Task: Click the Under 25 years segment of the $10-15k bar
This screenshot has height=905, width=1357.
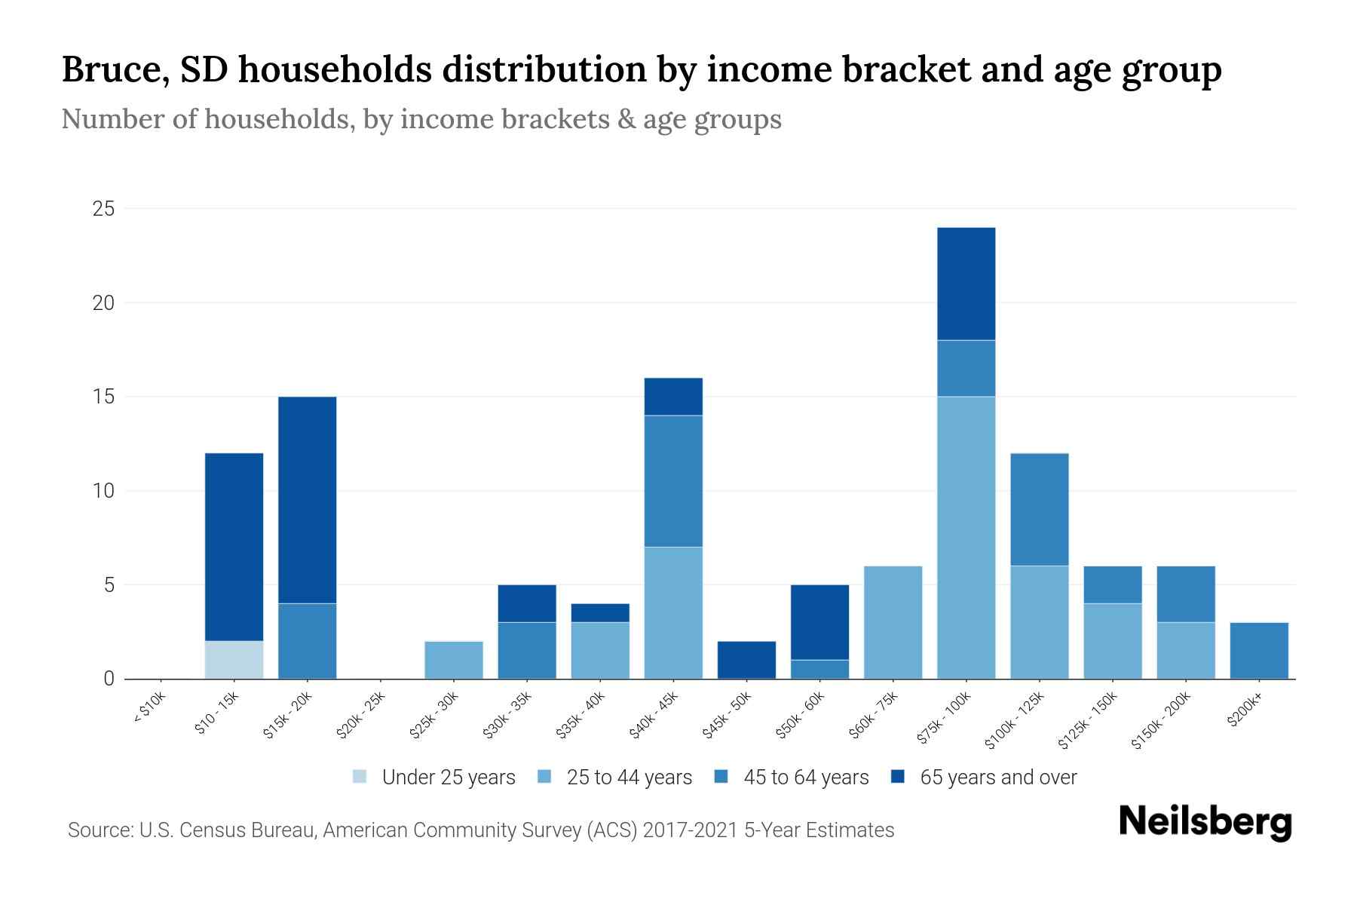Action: pyautogui.click(x=234, y=660)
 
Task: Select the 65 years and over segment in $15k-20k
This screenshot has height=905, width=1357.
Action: pyautogui.click(x=307, y=499)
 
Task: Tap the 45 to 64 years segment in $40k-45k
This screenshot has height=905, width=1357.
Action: pyautogui.click(x=673, y=480)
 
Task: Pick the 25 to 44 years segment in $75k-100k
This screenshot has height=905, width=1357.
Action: pyautogui.click(x=966, y=537)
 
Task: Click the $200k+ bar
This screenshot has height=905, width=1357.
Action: pyautogui.click(x=1258, y=650)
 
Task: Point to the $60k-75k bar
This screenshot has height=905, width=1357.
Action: pyautogui.click(x=893, y=622)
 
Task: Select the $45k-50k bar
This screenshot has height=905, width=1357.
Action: pyautogui.click(x=746, y=660)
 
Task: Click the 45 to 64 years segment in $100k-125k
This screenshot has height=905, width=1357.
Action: pyautogui.click(x=1039, y=509)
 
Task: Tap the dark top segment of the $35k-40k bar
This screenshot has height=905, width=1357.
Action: pyautogui.click(x=600, y=612)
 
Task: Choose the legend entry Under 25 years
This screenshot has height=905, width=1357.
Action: pyautogui.click(x=448, y=777)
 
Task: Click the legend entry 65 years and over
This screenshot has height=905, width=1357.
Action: pyautogui.click(x=997, y=777)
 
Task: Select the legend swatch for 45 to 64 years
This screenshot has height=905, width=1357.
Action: pyautogui.click(x=721, y=777)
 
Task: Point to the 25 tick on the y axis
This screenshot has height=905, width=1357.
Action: pyautogui.click(x=103, y=209)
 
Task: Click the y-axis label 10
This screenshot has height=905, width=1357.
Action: pyautogui.click(x=103, y=491)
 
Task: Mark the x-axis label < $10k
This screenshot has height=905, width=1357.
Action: pyautogui.click(x=149, y=712)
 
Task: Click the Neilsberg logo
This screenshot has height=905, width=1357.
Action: pyautogui.click(x=1205, y=821)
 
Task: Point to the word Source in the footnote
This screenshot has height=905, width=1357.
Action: pyautogui.click(x=99, y=830)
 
